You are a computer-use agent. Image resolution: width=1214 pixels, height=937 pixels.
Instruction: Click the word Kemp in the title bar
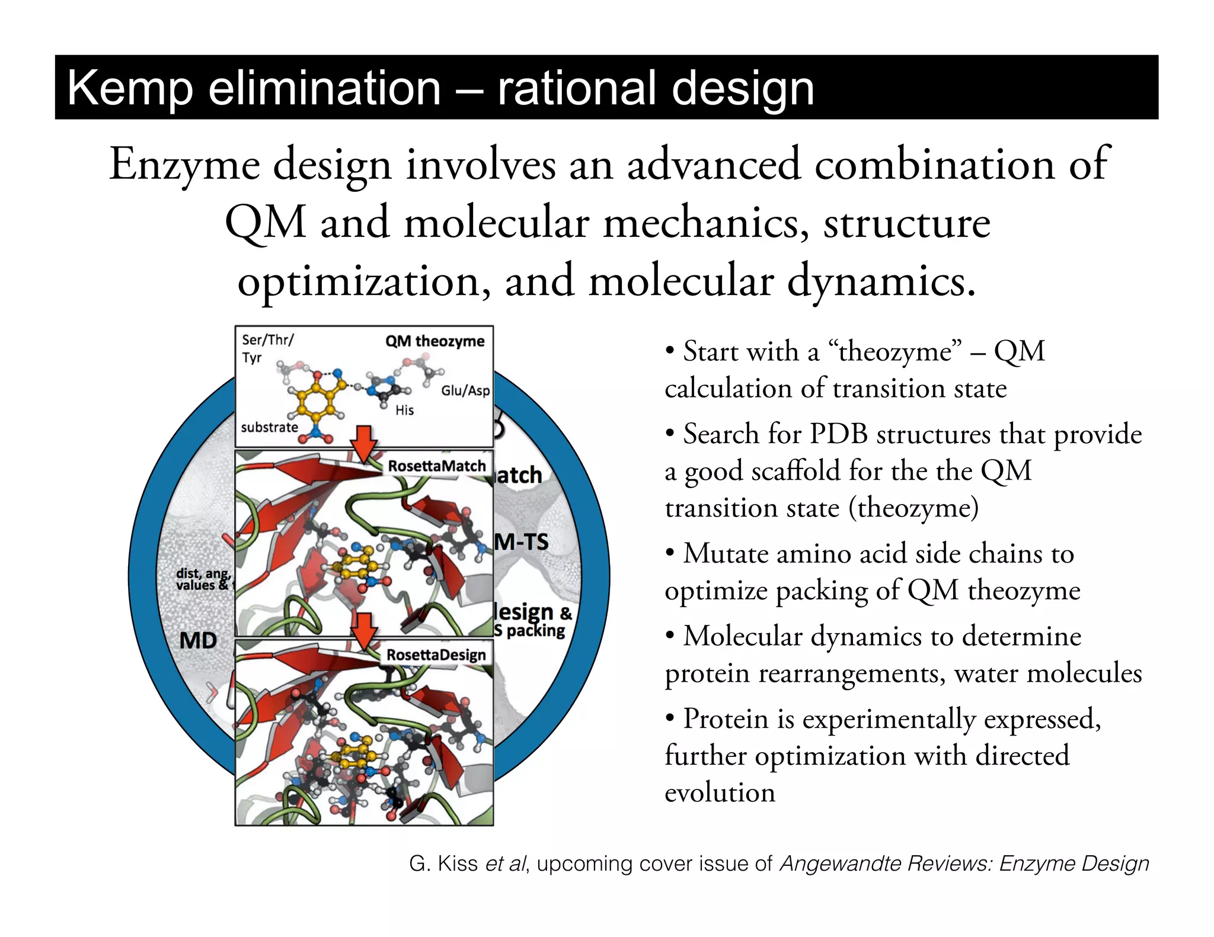(x=130, y=89)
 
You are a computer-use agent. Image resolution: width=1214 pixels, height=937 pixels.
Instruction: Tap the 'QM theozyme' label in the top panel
(x=435, y=341)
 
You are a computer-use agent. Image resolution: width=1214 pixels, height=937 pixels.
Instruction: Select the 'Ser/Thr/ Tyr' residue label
(x=267, y=348)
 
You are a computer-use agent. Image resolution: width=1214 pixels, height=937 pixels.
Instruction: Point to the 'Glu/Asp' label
(x=465, y=391)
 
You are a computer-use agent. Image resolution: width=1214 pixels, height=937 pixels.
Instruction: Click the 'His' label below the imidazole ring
(x=404, y=410)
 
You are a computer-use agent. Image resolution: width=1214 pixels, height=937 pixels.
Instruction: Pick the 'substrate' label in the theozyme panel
(x=269, y=427)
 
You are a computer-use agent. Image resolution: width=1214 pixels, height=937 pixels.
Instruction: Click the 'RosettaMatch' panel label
(x=436, y=466)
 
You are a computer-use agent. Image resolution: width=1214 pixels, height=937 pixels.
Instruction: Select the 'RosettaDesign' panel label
(x=436, y=654)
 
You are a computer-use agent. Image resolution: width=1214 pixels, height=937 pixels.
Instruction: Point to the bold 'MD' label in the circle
(x=198, y=640)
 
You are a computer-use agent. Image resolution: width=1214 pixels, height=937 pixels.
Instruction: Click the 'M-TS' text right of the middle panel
(x=522, y=541)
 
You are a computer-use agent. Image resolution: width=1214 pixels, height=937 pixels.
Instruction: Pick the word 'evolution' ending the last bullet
(x=720, y=792)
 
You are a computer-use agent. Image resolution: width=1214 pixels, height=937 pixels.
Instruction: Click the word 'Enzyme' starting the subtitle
(x=184, y=165)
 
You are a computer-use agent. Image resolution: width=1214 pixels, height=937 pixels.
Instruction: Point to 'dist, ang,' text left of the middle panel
(x=203, y=573)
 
